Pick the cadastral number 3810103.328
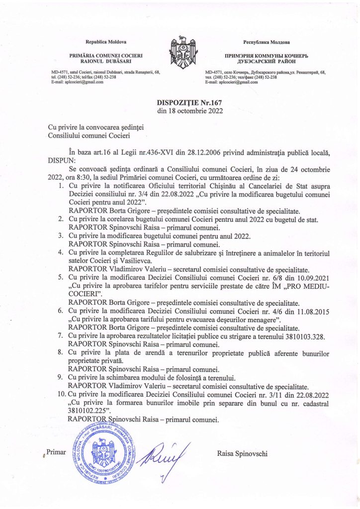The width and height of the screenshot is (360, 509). (x=302, y=336)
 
